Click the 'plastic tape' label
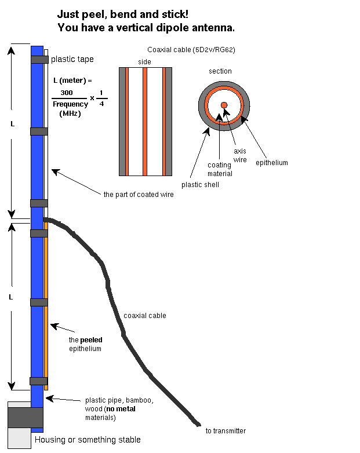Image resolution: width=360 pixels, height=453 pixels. tap(72, 59)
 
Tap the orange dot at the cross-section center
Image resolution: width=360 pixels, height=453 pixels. tap(224, 105)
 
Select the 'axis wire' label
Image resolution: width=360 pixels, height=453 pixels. tap(239, 155)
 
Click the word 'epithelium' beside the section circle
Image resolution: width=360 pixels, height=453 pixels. tap(271, 163)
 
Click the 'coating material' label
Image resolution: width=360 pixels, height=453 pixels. tap(220, 169)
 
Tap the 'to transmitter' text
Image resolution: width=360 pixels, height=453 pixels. tap(226, 430)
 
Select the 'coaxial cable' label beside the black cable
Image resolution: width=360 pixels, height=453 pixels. tap(144, 316)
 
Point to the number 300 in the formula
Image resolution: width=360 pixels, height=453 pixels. tap(66, 93)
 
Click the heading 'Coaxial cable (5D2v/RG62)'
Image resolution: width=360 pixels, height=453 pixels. tap(191, 50)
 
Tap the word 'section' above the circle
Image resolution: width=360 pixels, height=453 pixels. tap(220, 71)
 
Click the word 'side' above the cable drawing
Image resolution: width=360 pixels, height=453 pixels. tap(144, 61)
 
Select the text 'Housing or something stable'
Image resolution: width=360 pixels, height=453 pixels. tap(88, 440)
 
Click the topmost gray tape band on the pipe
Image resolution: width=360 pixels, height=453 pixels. tap(39, 59)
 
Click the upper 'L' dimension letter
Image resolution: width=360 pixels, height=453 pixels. tap(13, 125)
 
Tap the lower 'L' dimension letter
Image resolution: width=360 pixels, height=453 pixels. tap(12, 297)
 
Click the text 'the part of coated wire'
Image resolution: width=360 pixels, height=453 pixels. tap(139, 195)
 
